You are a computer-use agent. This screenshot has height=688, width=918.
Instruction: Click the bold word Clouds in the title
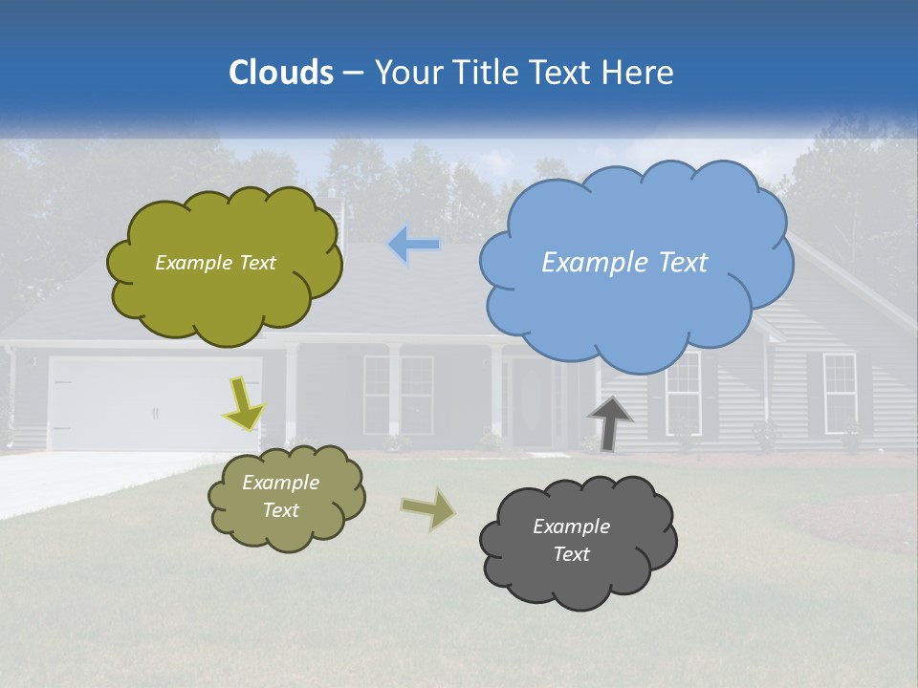pos(280,73)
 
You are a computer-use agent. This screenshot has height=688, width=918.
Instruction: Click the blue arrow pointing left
pos(414,245)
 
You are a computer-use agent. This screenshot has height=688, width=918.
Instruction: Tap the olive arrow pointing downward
pos(243,403)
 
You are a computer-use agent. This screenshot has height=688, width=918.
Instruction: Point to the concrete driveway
pos(86,478)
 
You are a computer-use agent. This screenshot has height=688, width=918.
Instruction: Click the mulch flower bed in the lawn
pos(851,521)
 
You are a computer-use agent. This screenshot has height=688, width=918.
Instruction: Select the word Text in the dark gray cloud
pos(571,554)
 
